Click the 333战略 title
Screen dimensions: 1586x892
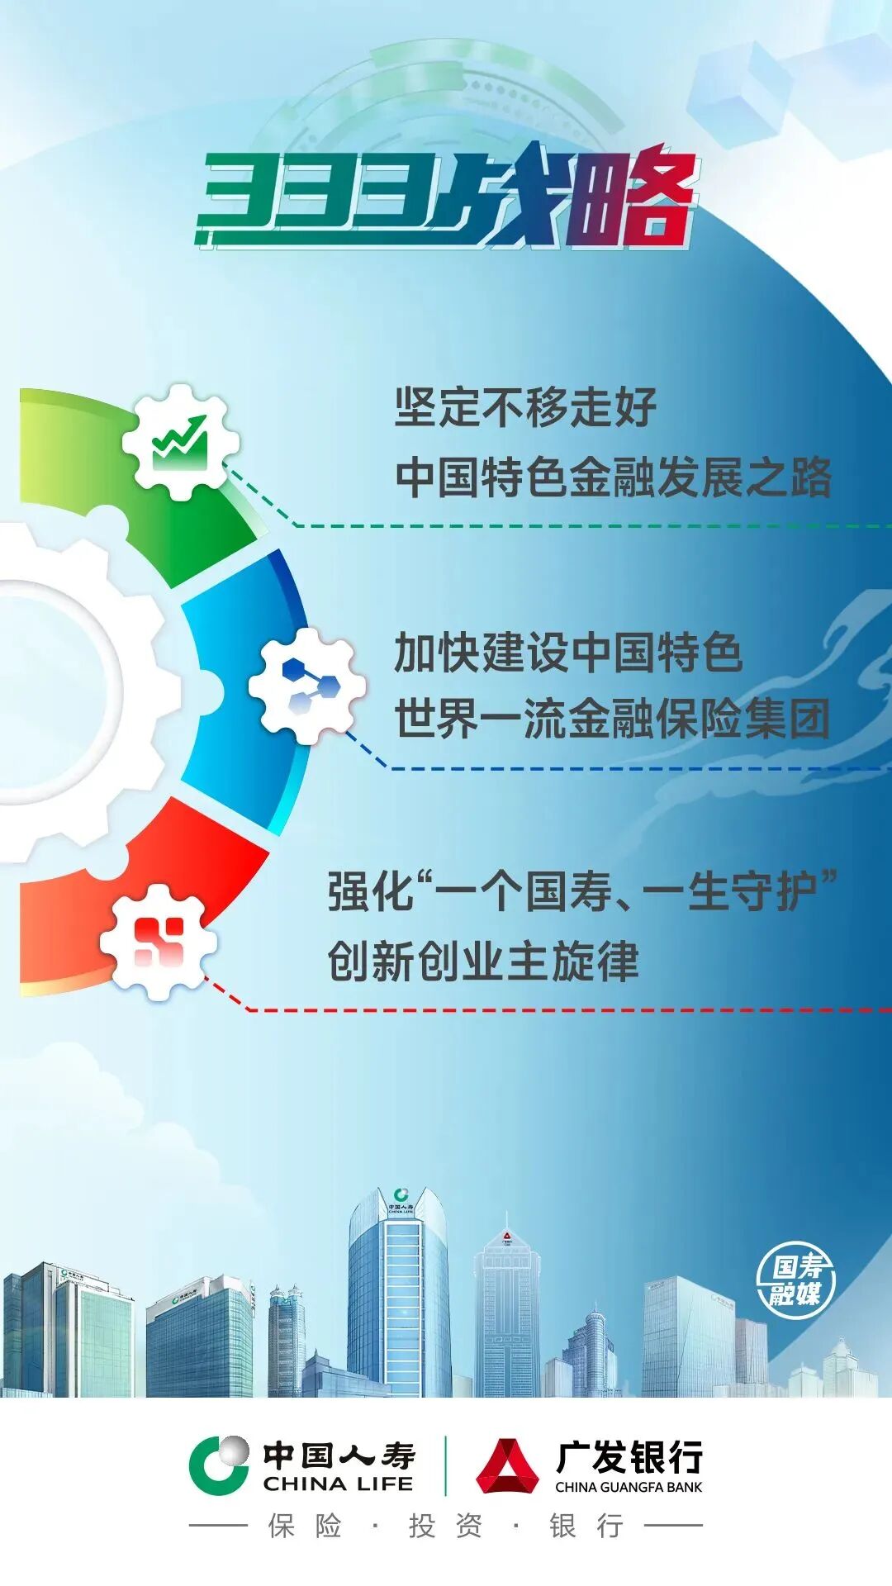coord(446,198)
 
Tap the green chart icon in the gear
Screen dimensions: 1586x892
coord(180,442)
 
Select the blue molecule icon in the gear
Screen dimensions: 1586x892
coord(307,686)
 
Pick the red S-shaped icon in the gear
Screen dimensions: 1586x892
coord(159,942)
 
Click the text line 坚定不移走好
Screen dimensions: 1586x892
coord(525,407)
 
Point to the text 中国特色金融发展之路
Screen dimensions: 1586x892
coord(613,477)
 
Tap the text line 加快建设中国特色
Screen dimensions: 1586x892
coord(568,653)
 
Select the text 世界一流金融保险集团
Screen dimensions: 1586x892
coord(611,719)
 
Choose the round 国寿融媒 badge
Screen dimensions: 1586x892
coord(795,1281)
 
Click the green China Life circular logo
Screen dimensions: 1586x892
coord(219,1465)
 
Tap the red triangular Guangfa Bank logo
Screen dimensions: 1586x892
coord(506,1465)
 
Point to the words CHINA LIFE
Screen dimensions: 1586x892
coord(338,1484)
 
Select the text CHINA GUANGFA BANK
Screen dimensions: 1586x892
coord(629,1487)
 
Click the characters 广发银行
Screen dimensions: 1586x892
coord(629,1457)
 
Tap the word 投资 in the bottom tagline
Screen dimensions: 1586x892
coord(445,1527)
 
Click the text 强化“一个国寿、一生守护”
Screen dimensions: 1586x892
coord(582,892)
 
